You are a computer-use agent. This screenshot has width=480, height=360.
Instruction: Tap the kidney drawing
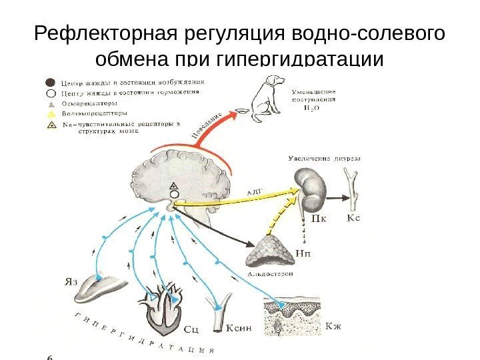tap(312, 188)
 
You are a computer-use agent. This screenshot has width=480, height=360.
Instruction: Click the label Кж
tap(333, 326)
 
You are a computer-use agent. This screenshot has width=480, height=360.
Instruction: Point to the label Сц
tap(191, 328)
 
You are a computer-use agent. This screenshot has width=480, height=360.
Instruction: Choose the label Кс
tap(357, 218)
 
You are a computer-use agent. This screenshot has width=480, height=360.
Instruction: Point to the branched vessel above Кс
tap(351, 187)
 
